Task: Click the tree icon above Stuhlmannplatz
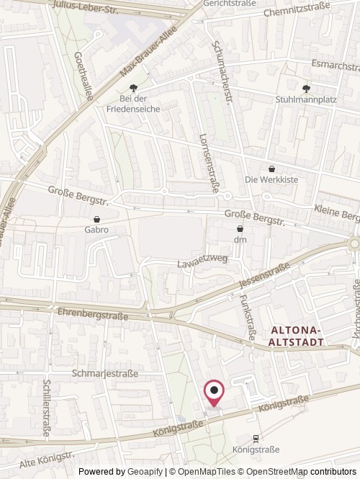click(307, 88)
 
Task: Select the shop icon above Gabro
click(96, 219)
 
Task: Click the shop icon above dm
click(240, 228)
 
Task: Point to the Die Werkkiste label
click(271, 179)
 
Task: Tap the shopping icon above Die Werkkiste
click(271, 169)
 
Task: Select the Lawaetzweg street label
click(202, 264)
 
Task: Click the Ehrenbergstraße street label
click(92, 315)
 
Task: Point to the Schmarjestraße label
click(105, 374)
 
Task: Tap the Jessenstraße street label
click(264, 277)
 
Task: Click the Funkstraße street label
click(248, 316)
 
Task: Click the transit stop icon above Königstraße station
click(256, 438)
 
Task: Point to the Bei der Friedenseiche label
click(133, 103)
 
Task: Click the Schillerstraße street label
click(47, 403)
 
